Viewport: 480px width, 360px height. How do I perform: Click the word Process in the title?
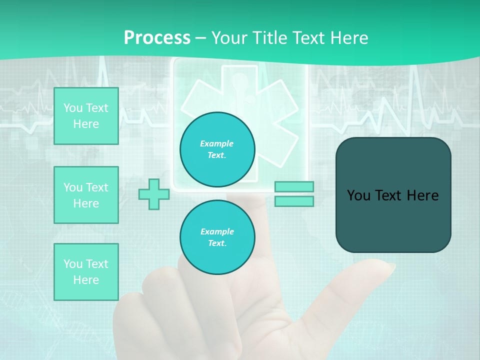157,38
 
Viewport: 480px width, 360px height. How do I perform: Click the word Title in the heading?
269,38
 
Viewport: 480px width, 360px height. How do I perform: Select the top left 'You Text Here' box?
86,116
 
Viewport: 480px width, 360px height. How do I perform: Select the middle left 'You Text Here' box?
86,195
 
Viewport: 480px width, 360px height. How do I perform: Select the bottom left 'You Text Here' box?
86,271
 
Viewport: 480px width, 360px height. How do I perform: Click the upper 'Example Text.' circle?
217,149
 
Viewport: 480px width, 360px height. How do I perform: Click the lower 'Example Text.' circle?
217,237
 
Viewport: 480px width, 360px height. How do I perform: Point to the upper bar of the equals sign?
294,186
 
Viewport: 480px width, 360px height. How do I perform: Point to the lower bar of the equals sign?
294,201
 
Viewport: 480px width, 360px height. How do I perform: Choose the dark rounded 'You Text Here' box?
393,195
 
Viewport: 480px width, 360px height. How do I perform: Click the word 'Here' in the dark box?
422,195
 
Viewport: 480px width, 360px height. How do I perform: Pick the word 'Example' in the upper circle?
217,143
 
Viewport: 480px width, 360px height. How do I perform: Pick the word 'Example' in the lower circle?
217,231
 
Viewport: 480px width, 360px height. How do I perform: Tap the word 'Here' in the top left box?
86,124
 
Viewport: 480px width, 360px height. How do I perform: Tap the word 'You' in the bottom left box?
72,263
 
